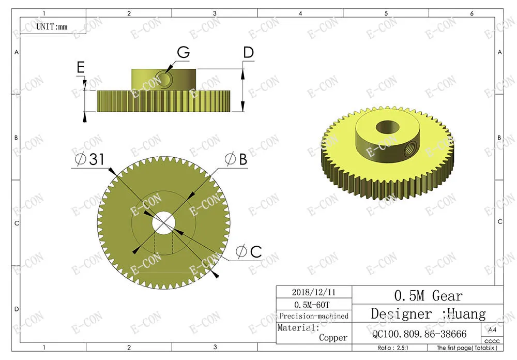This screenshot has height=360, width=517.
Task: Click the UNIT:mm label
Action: point(52,27)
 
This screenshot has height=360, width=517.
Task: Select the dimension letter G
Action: point(184,52)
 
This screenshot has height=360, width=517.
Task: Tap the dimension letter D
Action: point(249,52)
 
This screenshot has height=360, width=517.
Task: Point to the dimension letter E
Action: point(81,67)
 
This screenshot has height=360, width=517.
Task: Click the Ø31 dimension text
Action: point(89,159)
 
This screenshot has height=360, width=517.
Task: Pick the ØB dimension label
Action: point(236,159)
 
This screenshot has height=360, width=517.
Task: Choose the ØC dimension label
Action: point(249,252)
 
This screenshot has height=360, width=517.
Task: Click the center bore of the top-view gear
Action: point(163,223)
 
